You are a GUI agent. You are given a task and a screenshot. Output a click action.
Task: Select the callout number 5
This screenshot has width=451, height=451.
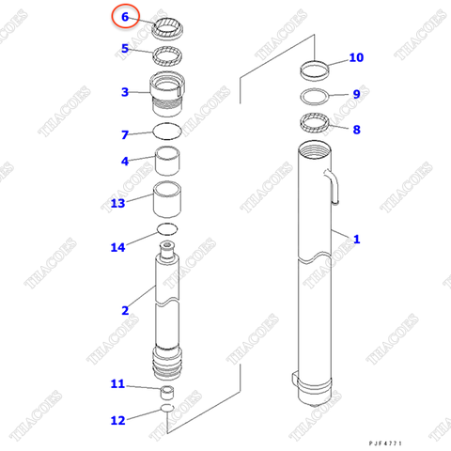(x=124, y=49)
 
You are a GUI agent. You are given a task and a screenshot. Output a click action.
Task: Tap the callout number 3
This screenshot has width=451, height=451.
(x=124, y=92)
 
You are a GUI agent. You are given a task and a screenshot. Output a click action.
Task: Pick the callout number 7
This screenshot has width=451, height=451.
(x=124, y=134)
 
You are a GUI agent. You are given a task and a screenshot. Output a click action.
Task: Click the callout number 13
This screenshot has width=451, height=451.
(x=117, y=203)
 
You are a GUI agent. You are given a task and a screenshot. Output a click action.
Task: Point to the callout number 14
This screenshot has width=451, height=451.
(x=117, y=247)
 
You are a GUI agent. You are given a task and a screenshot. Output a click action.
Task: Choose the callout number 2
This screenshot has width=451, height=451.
(x=124, y=311)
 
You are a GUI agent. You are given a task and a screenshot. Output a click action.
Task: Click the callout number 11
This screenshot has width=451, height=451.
(x=117, y=383)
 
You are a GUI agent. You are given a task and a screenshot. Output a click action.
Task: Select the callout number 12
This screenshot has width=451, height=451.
(x=117, y=420)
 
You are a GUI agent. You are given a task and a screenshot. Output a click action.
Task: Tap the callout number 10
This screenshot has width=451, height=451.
(x=356, y=58)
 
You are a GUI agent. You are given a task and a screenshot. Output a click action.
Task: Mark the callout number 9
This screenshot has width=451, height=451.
(x=356, y=94)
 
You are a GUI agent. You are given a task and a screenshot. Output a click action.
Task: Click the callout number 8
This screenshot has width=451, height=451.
(x=356, y=130)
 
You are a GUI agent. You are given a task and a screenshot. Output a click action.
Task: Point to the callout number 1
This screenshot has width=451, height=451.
(x=356, y=240)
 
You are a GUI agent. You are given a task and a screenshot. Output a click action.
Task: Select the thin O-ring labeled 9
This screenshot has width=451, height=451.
(x=316, y=96)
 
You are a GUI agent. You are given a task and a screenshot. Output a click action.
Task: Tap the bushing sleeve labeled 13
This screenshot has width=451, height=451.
(x=168, y=201)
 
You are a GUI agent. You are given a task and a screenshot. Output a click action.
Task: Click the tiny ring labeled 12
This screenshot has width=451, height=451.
(x=165, y=410)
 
